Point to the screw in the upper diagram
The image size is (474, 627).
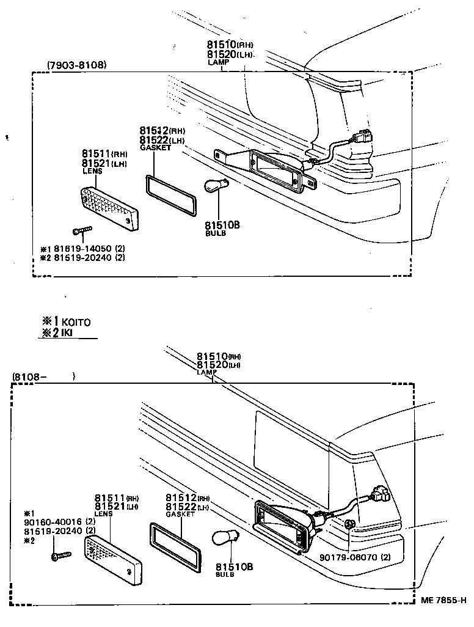(82, 231)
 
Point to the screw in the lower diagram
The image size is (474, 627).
(60, 556)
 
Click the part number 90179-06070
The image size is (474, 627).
(350, 557)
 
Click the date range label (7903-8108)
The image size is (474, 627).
(76, 65)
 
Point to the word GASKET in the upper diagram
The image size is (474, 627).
(155, 148)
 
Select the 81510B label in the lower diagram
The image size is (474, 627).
(233, 566)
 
